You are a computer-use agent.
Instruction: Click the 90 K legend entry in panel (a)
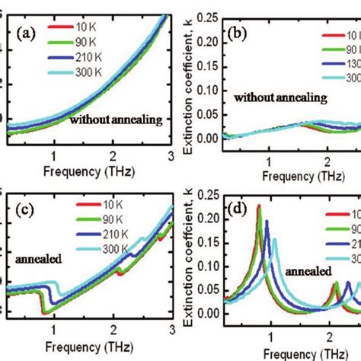click(x=82, y=44)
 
